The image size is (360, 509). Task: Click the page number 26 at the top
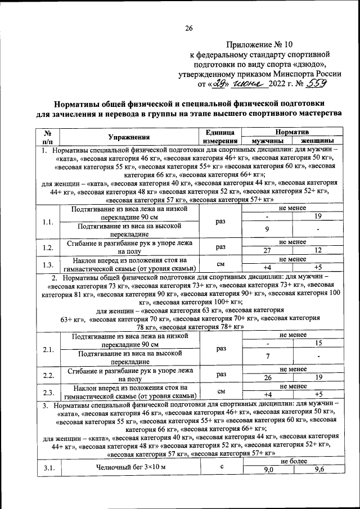tap(189, 29)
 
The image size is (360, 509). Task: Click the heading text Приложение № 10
tap(259, 43)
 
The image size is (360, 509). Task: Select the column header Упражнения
tap(129, 136)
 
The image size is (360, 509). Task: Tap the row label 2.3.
tap(48, 392)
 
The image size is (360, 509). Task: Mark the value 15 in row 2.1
tap(318, 343)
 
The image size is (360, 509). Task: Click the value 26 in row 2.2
tap(267, 379)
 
